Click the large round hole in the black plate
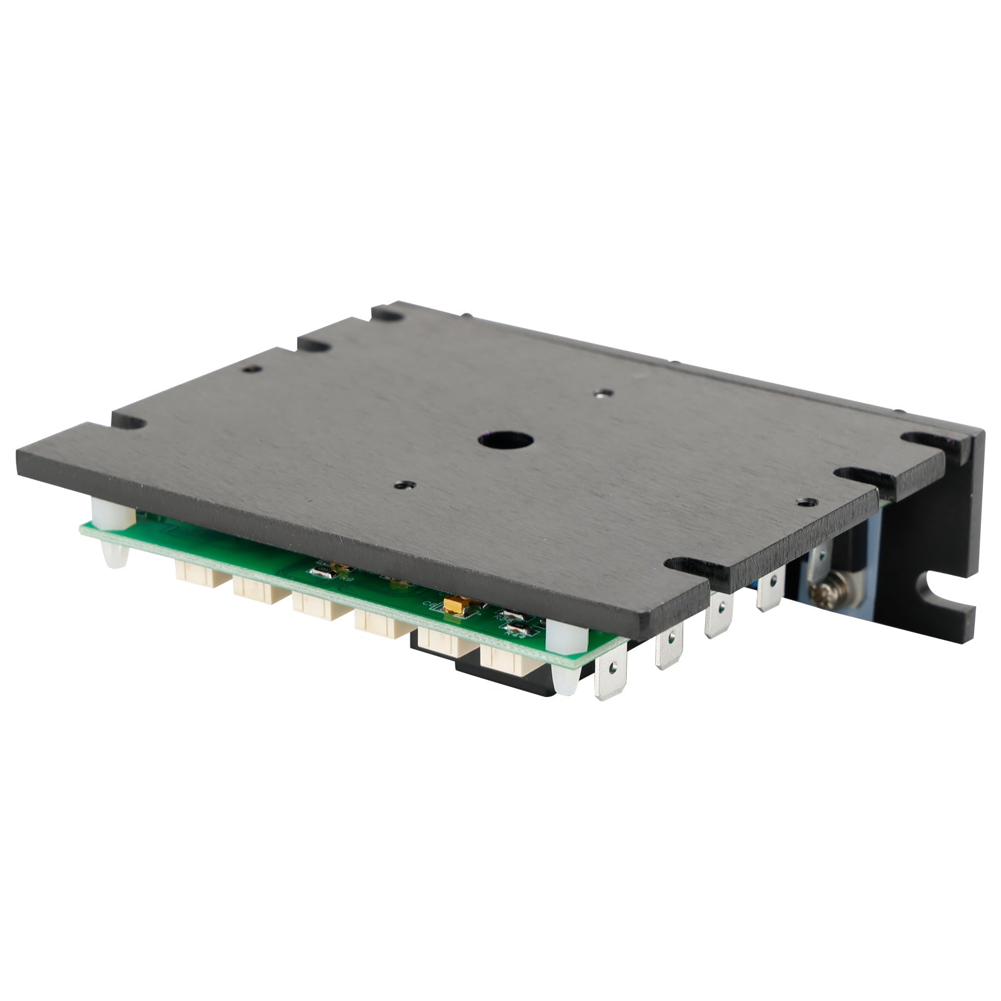pos(506,440)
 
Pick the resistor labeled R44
pos(516,628)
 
